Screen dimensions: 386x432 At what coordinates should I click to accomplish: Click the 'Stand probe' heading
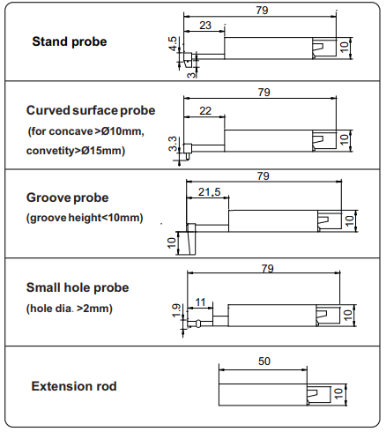(70, 41)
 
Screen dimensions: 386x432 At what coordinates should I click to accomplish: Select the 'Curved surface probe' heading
(91, 111)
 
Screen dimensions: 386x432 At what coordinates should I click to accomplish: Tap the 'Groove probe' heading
(67, 197)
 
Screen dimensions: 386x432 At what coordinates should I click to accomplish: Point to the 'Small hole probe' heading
(78, 287)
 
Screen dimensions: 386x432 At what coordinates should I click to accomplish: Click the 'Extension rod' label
(74, 386)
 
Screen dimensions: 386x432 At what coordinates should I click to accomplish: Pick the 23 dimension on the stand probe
(205, 26)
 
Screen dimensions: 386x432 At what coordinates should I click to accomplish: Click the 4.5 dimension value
(174, 43)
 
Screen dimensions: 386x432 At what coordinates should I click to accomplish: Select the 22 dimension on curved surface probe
(205, 111)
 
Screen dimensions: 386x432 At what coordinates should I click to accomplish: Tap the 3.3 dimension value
(173, 144)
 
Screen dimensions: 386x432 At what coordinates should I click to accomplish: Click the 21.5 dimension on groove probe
(209, 192)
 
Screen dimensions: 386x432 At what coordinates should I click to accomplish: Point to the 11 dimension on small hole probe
(200, 302)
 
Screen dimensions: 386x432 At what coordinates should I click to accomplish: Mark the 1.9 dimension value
(176, 310)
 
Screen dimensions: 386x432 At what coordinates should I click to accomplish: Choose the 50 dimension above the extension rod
(264, 361)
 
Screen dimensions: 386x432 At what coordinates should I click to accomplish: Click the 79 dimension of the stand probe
(262, 11)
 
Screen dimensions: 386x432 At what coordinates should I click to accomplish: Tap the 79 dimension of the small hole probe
(268, 269)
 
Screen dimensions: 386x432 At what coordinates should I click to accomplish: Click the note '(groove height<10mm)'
(85, 218)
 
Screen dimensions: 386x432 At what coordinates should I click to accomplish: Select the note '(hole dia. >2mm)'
(70, 309)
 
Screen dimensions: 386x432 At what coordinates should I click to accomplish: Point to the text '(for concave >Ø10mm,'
(86, 131)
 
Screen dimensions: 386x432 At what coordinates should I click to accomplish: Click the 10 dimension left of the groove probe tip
(172, 242)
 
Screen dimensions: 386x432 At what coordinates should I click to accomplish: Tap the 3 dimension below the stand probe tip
(191, 75)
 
